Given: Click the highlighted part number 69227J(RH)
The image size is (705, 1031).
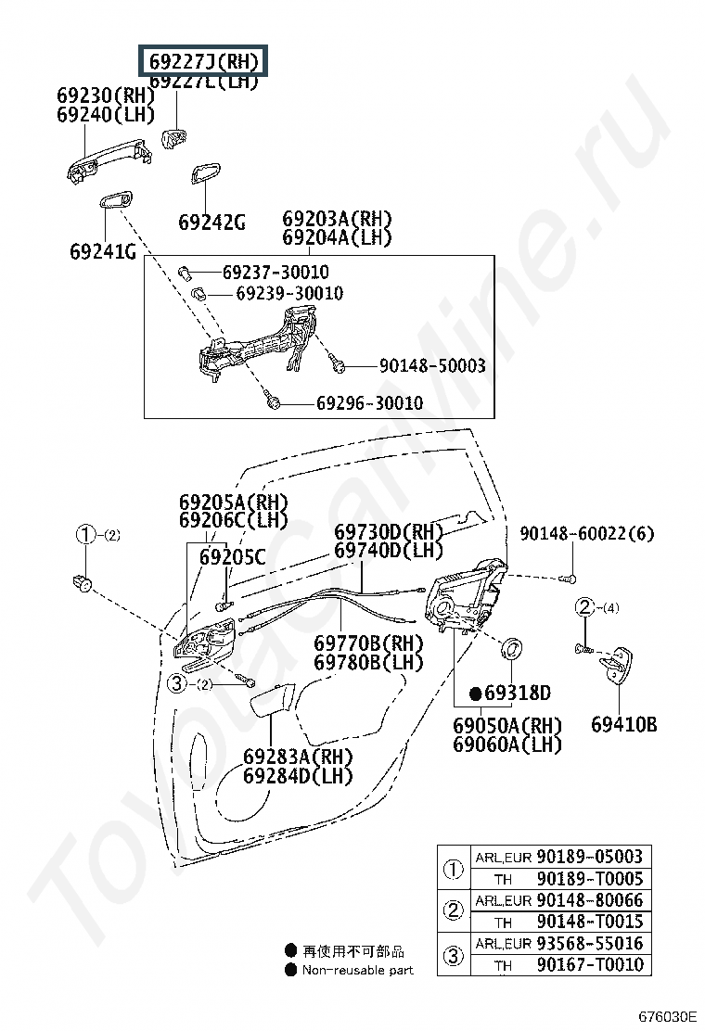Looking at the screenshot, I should [x=203, y=61].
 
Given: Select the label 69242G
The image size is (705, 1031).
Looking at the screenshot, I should [x=211, y=223].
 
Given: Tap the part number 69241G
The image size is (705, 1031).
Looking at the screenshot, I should [x=102, y=251].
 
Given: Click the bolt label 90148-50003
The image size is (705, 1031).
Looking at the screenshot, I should [x=431, y=366].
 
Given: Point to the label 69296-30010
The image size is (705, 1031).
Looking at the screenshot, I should [x=369, y=403].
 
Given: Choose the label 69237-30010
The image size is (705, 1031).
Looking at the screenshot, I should [x=275, y=273].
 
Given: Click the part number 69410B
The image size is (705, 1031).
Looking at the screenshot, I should [x=623, y=724].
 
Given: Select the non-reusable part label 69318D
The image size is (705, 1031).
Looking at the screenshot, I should [x=518, y=694].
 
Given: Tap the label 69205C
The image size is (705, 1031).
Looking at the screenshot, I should [x=232, y=557].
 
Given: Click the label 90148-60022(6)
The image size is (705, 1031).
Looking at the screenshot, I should [x=586, y=533].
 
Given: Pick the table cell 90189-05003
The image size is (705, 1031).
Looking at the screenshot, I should [x=589, y=857].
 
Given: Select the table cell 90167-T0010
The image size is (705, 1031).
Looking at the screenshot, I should [x=589, y=964].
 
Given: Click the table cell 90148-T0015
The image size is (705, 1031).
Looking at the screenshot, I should [x=589, y=922].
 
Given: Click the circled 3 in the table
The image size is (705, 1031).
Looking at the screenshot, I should [x=453, y=954].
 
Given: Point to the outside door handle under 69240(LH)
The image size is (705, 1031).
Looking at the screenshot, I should [x=101, y=161].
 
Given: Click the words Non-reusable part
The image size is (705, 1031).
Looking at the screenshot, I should [x=357, y=970].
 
